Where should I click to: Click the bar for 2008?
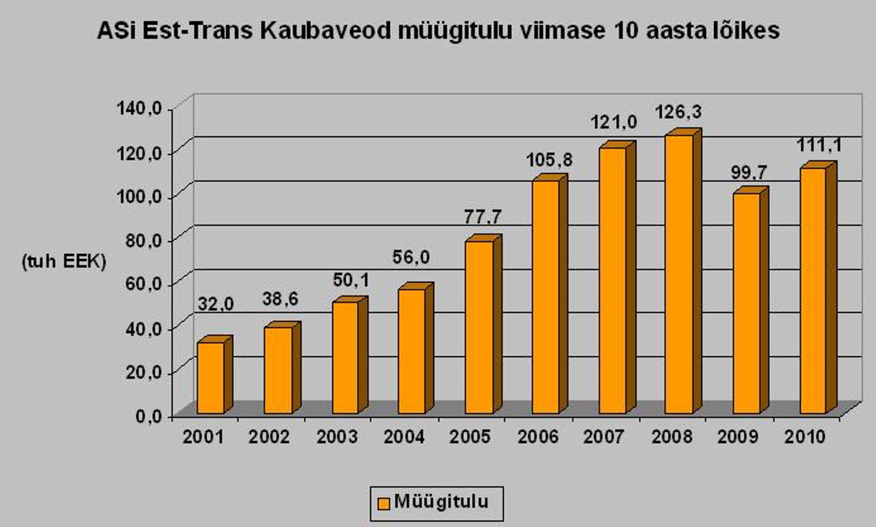point(679,274)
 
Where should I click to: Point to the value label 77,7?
point(483,217)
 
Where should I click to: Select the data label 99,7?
point(749,172)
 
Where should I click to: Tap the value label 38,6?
point(280,299)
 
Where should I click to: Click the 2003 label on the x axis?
point(337,437)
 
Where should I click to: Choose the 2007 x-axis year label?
point(603,437)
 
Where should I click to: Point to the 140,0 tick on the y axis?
point(139,109)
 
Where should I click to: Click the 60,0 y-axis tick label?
point(143,284)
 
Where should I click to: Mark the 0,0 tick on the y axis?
point(148,416)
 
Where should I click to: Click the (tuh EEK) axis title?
point(64,262)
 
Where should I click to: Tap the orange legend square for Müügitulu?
point(384,503)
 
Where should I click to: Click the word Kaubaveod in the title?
point(326,31)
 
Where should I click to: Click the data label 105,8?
point(549,160)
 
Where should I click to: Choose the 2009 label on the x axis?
point(737,437)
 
